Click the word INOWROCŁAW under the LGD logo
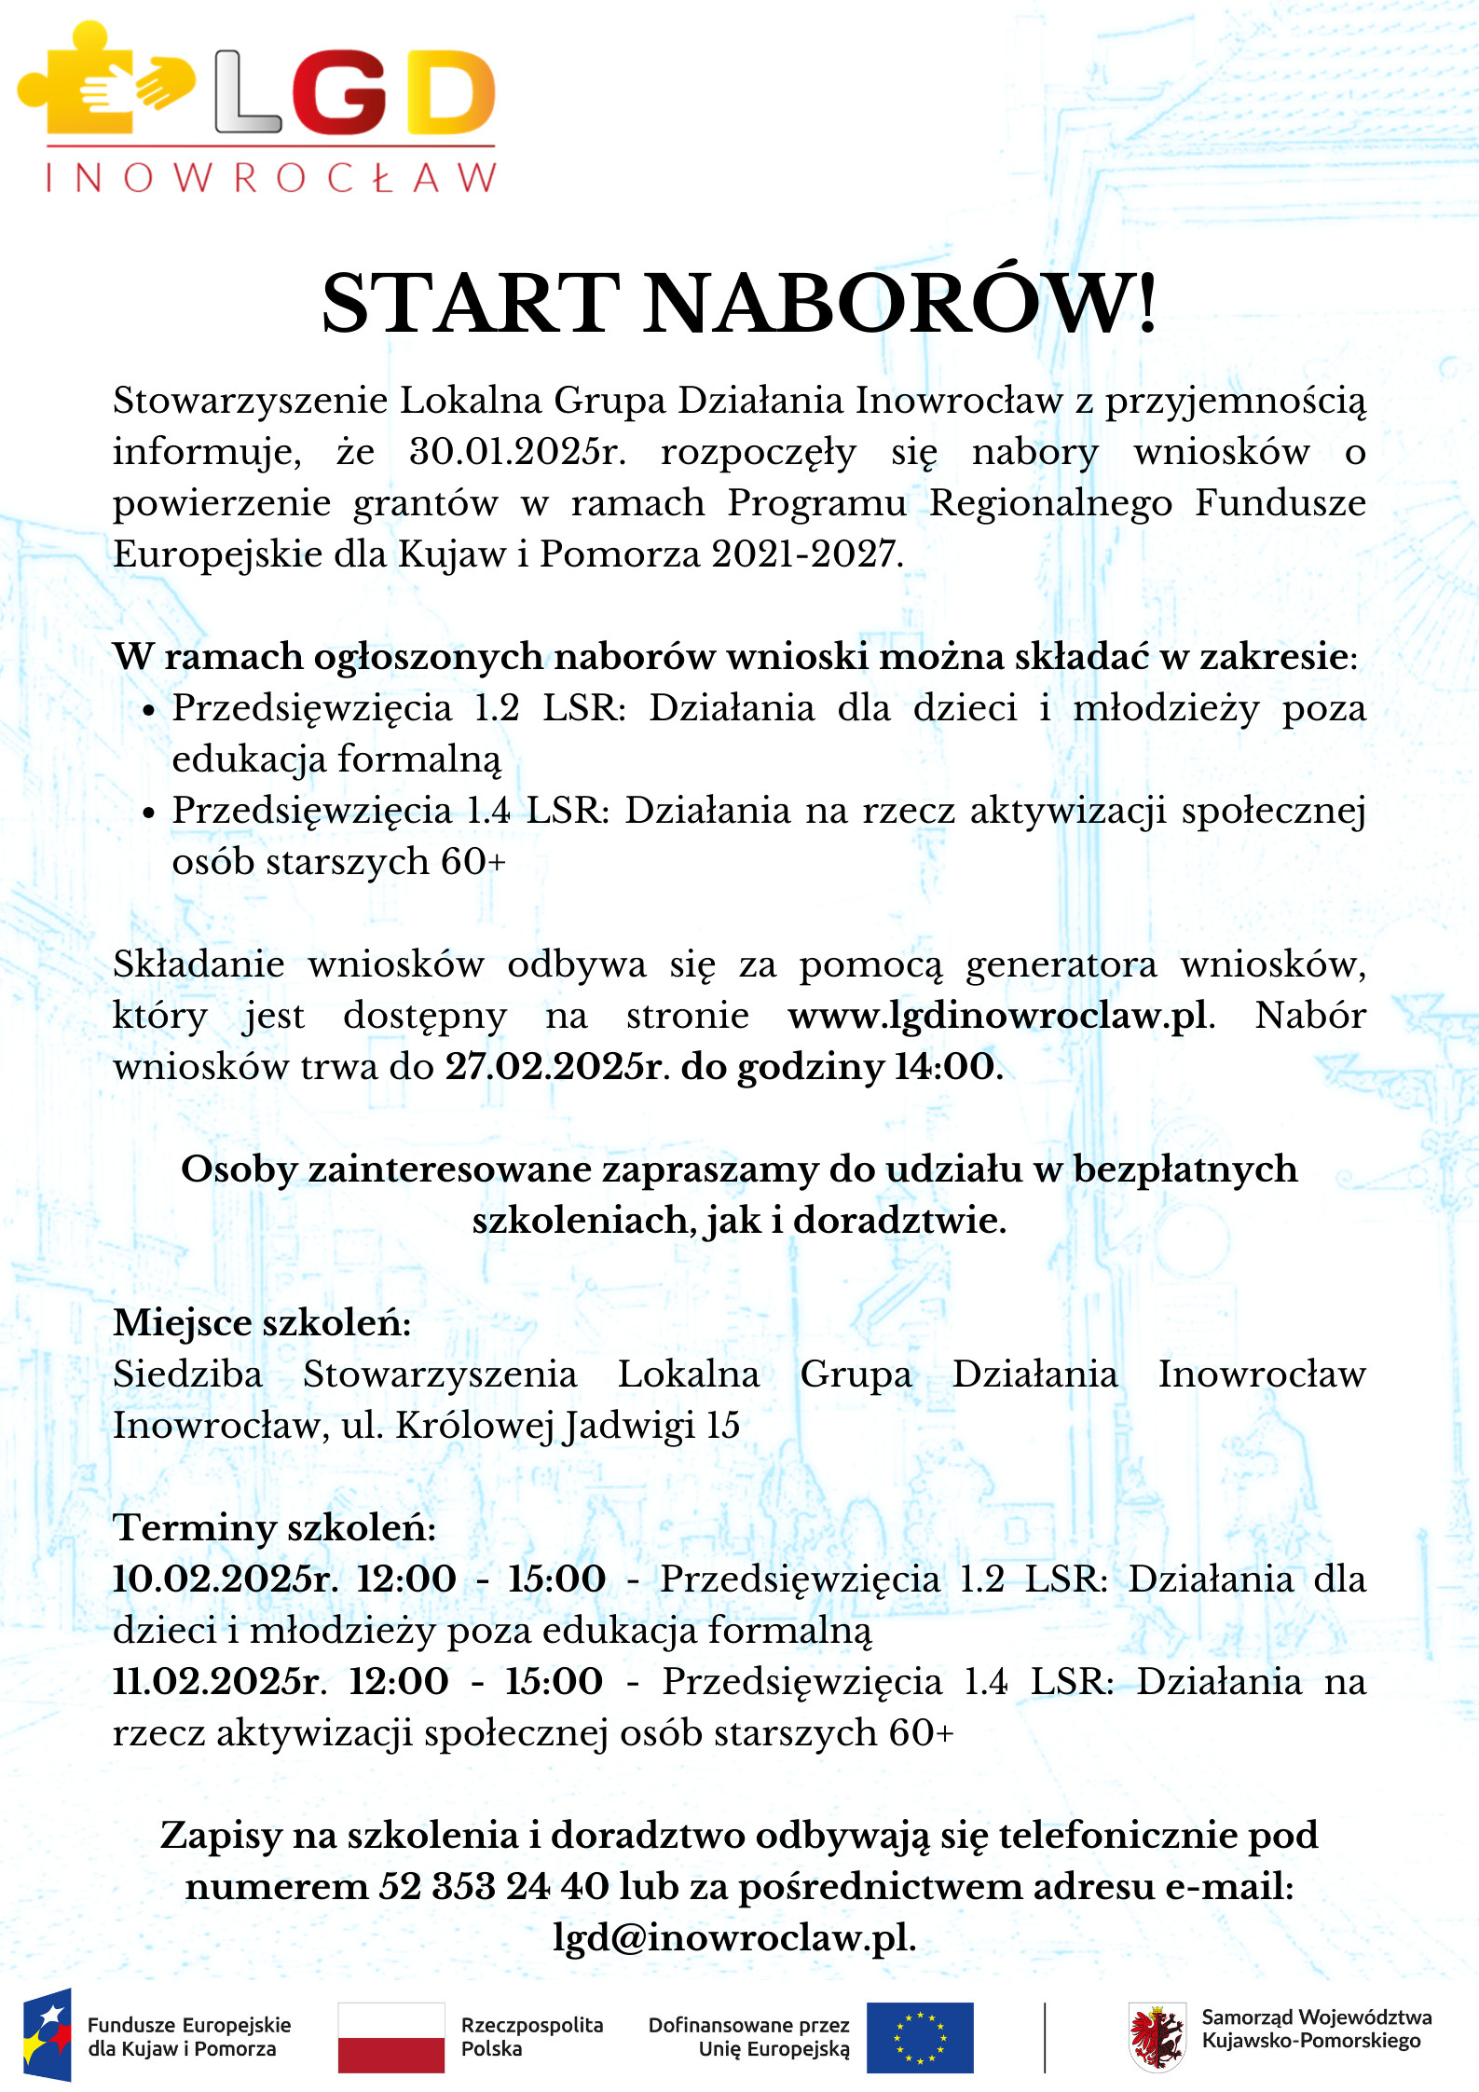(x=270, y=177)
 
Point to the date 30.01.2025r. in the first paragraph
(x=517, y=452)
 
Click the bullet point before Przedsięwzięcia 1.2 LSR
(x=148, y=710)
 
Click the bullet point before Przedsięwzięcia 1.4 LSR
(x=148, y=813)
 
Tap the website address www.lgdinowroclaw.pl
(x=997, y=1016)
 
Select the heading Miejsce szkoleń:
(x=262, y=1323)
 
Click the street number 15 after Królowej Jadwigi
(x=722, y=1426)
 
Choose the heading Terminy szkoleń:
(x=274, y=1528)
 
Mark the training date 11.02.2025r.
(x=220, y=1682)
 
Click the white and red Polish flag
(x=390, y=2037)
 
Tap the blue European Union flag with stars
(x=920, y=2037)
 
